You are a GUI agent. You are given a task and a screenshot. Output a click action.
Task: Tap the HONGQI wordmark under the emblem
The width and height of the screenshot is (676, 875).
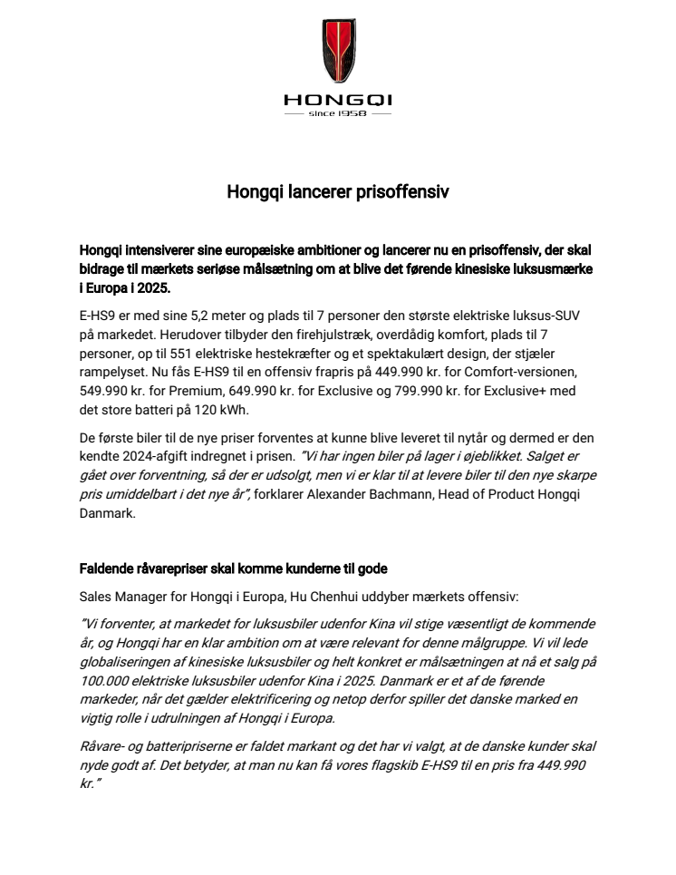(x=338, y=101)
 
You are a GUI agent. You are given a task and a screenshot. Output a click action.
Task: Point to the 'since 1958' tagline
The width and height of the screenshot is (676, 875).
(x=338, y=116)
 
